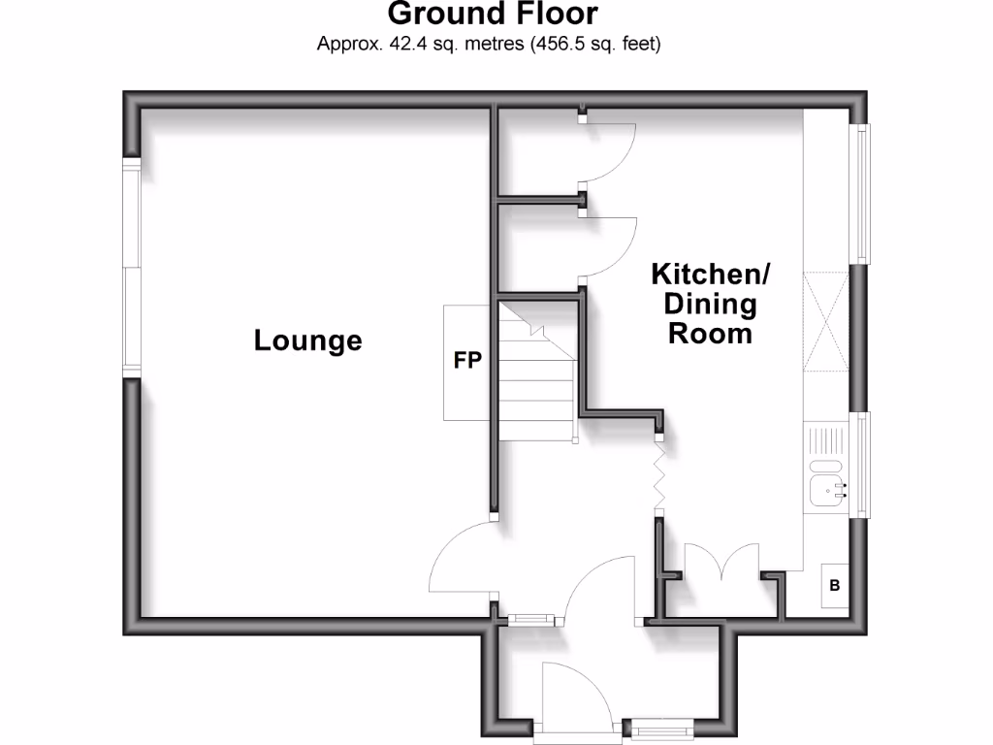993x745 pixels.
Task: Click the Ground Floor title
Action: click(493, 15)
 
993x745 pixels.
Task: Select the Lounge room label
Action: click(307, 340)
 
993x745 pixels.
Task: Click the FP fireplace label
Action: click(468, 360)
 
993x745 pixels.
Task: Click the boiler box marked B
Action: click(835, 586)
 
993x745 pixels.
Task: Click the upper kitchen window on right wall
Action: click(861, 194)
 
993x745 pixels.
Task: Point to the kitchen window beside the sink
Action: click(861, 466)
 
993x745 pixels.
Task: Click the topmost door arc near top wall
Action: click(611, 151)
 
